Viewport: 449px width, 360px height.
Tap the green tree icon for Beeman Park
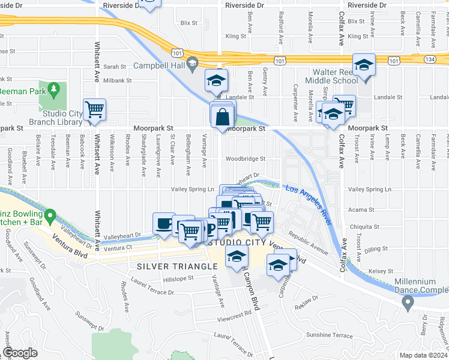(x=54, y=90)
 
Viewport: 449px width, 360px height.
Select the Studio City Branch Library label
(x=62, y=117)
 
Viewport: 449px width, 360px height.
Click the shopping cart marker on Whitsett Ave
(x=95, y=110)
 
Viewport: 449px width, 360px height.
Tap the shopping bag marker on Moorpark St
(x=223, y=116)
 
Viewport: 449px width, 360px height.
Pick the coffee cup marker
(x=164, y=223)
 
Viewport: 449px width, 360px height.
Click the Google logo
(x=20, y=353)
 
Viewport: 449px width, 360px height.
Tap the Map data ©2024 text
(x=423, y=355)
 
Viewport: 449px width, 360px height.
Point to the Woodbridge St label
(x=246, y=159)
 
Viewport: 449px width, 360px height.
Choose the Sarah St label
(x=115, y=67)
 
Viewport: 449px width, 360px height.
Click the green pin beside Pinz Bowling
(x=50, y=214)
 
